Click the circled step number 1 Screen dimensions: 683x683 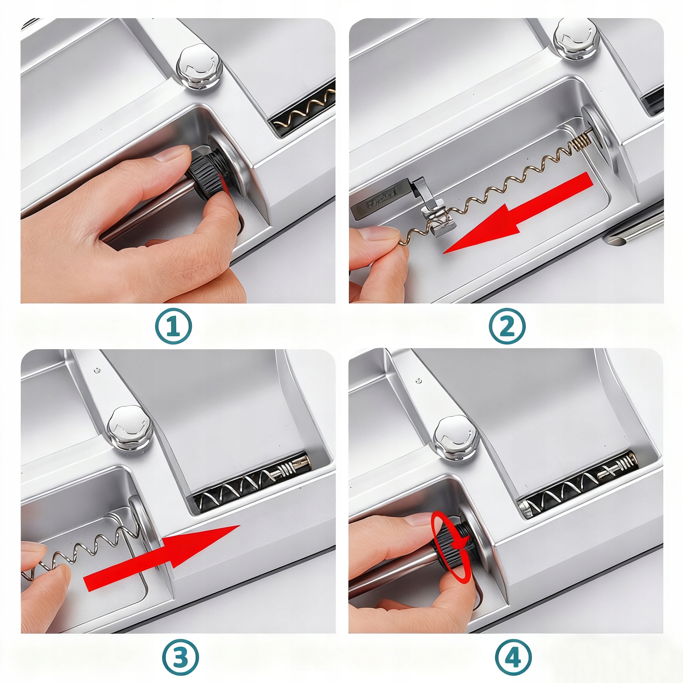point(173,326)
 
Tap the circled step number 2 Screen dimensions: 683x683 point(507,326)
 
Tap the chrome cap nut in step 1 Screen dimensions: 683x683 point(200,67)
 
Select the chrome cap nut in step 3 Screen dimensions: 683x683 point(130,428)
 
